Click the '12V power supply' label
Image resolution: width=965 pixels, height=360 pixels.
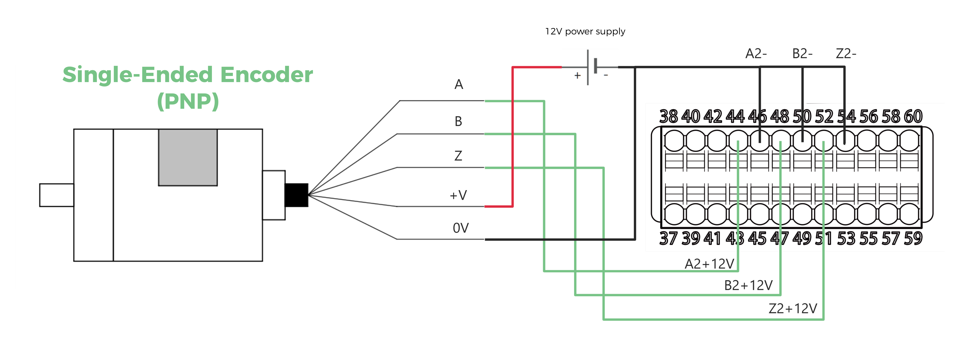coord(585,31)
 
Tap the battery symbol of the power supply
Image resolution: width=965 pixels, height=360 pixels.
coord(591,67)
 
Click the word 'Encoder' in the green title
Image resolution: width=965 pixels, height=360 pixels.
coord(266,75)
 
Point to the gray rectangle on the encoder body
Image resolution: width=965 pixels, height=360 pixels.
coord(188,157)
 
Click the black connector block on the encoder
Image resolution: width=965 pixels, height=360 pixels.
coord(296,195)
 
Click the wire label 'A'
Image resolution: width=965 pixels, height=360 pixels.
coord(458,85)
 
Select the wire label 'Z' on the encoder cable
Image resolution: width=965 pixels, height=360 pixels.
coord(458,155)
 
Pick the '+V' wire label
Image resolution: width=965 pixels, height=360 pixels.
coord(458,195)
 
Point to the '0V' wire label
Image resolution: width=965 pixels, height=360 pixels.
coord(460,228)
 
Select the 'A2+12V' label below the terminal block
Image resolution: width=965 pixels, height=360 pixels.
coord(709,264)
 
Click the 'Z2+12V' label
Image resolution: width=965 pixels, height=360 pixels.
coord(793,308)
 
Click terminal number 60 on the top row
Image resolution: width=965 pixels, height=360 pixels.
coord(913,117)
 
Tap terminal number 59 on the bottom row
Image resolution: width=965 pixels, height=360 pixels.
coord(913,238)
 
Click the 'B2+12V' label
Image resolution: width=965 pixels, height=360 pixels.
coord(748,285)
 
